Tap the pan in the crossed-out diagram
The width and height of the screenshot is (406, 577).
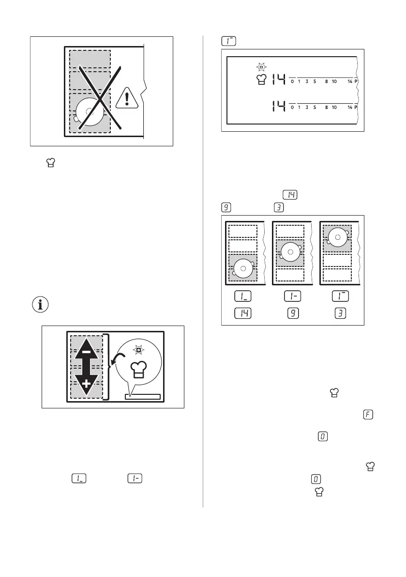click(x=90, y=113)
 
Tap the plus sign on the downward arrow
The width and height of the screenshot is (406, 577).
click(x=86, y=385)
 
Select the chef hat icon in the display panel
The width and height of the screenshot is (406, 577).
click(x=261, y=81)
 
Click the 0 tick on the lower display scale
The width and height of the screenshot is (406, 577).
click(x=292, y=108)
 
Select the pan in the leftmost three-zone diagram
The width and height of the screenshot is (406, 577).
click(x=243, y=267)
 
